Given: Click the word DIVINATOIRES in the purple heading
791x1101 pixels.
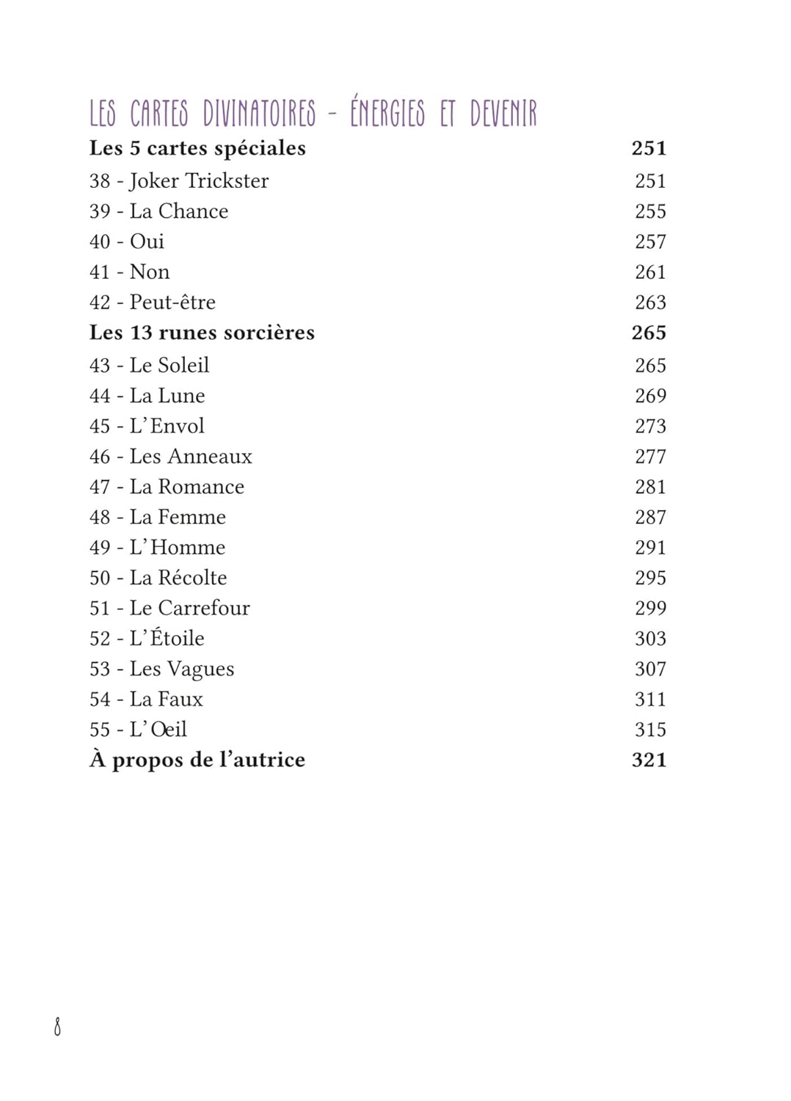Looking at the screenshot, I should click(259, 114).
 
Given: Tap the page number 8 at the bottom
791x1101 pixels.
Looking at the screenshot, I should click(57, 1026).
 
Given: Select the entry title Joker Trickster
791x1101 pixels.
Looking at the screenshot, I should click(199, 181).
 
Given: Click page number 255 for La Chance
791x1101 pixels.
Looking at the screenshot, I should click(650, 211).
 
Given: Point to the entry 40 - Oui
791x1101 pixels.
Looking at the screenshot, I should click(126, 241).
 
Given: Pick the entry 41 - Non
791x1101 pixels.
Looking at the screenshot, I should click(129, 272).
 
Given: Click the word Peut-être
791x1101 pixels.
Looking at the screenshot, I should click(172, 302).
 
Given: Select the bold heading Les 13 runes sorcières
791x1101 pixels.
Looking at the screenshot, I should click(202, 333).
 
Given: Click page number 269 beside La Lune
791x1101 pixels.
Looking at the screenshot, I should click(650, 396).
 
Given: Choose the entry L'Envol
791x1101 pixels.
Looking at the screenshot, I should click(167, 426).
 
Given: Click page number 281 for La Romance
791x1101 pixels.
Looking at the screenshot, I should click(650, 487).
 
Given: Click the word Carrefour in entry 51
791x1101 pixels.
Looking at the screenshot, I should click(204, 608).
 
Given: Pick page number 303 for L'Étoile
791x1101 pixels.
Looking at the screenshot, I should click(650, 639).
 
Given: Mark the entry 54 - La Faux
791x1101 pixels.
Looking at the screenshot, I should click(146, 700).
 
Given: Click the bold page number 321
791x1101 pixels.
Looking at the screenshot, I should click(649, 760).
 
